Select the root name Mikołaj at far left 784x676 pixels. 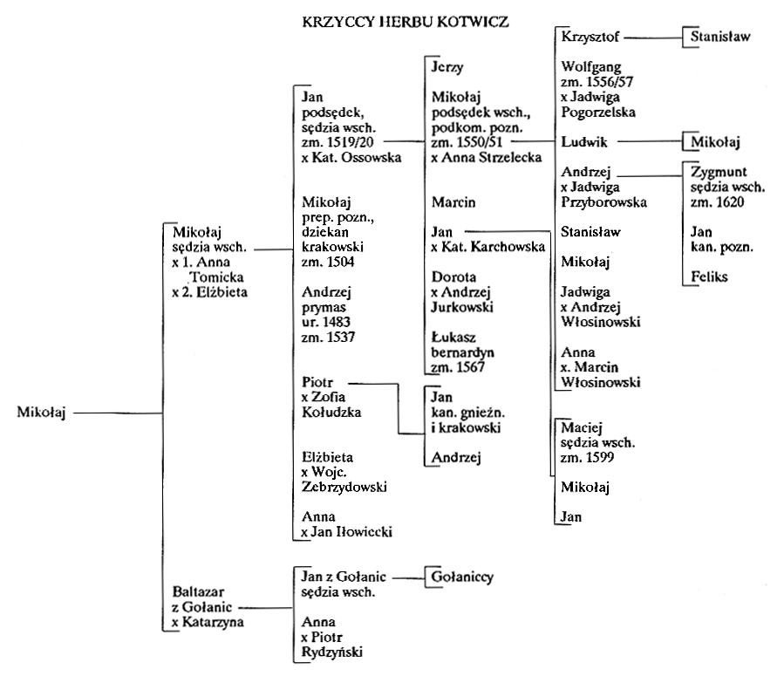pyautogui.click(x=42, y=413)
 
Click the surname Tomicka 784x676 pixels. pyautogui.click(x=217, y=277)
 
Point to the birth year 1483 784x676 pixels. pyautogui.click(x=337, y=322)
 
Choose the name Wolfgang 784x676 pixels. pyautogui.click(x=591, y=67)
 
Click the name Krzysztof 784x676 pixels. pyautogui.click(x=590, y=37)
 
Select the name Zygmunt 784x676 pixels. pyautogui.click(x=719, y=173)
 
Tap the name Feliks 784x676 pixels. pyautogui.click(x=709, y=277)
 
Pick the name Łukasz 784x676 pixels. pyautogui.click(x=453, y=337)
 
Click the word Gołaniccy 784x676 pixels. pyautogui.click(x=462, y=577)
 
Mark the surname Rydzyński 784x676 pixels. pyautogui.click(x=332, y=652)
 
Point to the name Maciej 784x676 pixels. pyautogui.click(x=582, y=428)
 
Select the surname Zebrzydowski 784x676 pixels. pyautogui.click(x=344, y=487)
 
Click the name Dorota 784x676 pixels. pyautogui.click(x=453, y=277)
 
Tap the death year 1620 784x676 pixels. pyautogui.click(x=730, y=202)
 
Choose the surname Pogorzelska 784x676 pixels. pyautogui.click(x=598, y=113)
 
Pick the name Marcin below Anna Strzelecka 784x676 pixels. pyautogui.click(x=453, y=202)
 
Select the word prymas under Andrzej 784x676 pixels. pyautogui.click(x=324, y=308)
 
